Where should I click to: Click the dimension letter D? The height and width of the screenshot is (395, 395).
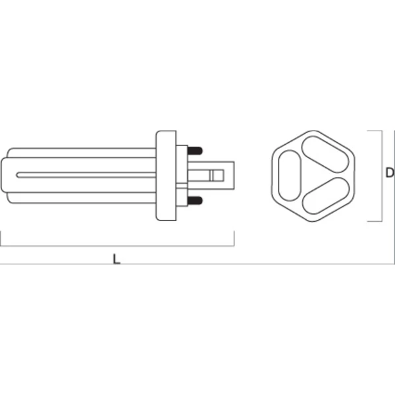pos(389,173)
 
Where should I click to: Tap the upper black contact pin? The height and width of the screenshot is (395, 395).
pos(196,149)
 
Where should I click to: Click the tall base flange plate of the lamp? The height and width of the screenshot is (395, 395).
pos(165,174)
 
